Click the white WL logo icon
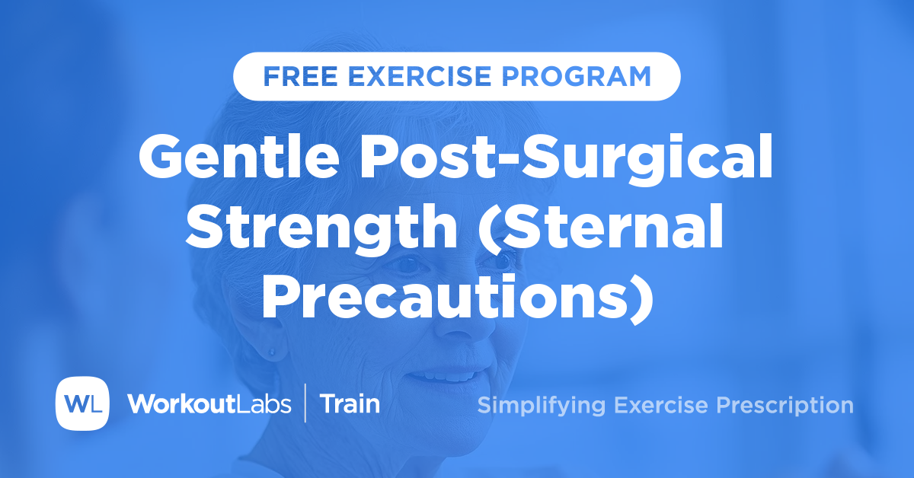82,403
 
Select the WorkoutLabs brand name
209,403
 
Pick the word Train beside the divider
350,403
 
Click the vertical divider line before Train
305,403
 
